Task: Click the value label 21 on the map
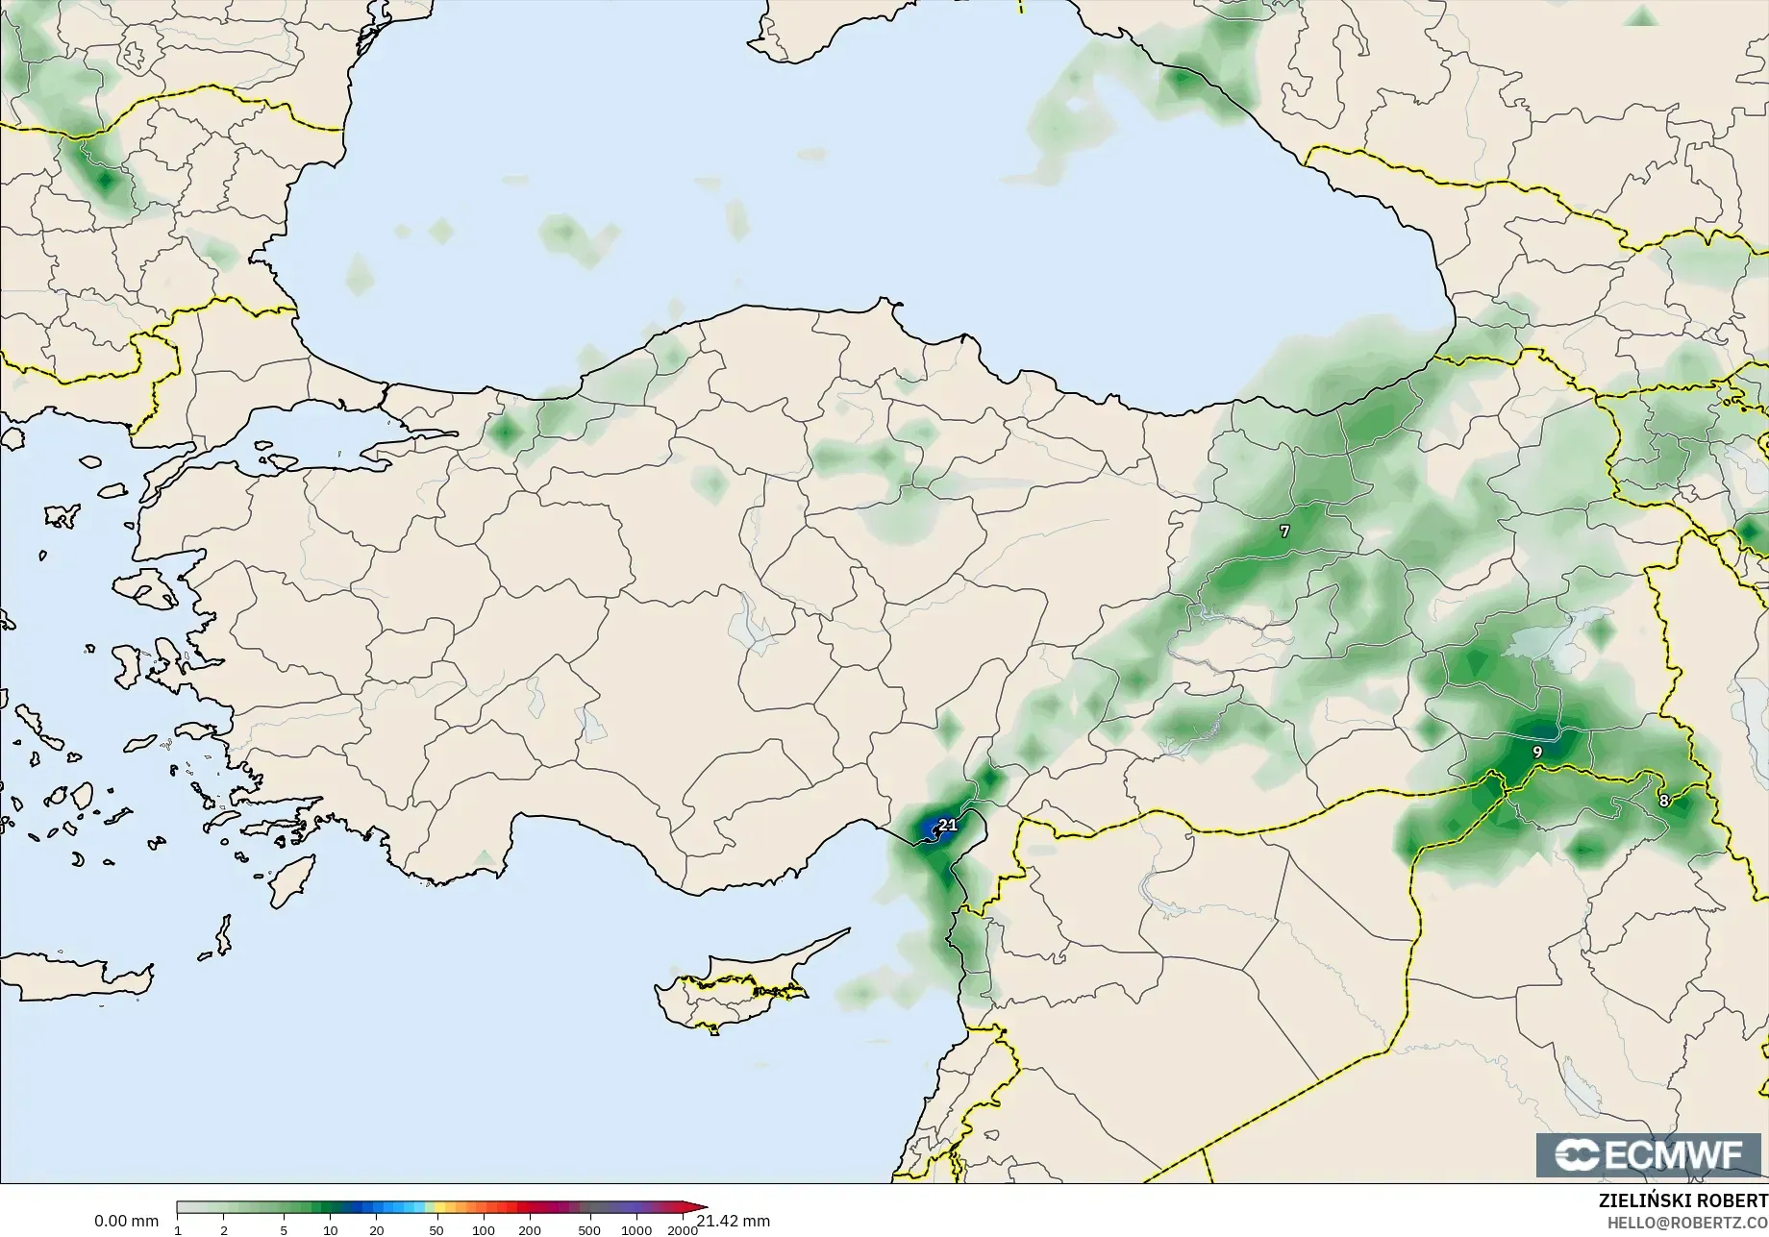point(948,825)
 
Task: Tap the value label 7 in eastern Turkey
point(1284,532)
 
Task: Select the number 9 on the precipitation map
point(1536,752)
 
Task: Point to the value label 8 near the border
point(1663,801)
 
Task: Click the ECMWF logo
point(1650,1154)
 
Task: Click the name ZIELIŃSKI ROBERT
point(1682,1201)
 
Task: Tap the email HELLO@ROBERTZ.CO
point(1687,1223)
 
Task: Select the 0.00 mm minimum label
point(126,1221)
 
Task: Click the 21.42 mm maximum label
point(734,1221)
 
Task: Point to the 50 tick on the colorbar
point(436,1230)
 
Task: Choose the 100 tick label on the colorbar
point(484,1230)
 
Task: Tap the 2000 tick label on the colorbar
point(683,1230)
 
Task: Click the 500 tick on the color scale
point(589,1230)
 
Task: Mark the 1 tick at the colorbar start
point(178,1230)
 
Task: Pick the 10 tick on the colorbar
point(330,1230)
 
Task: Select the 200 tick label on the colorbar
point(530,1230)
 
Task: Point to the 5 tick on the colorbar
point(284,1230)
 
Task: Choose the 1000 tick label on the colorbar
point(636,1230)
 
